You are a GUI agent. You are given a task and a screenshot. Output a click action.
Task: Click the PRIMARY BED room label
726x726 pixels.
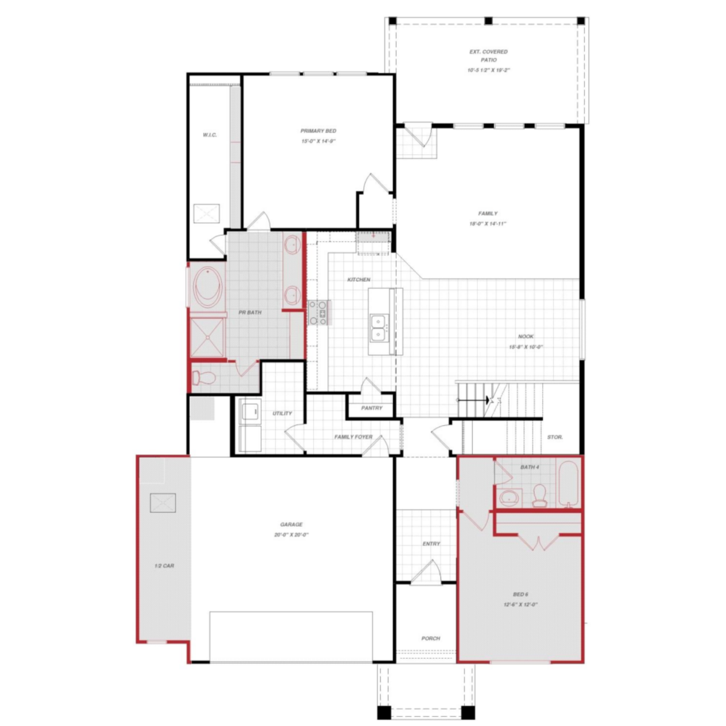click(318, 131)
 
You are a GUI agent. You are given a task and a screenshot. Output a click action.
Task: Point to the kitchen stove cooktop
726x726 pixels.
click(318, 313)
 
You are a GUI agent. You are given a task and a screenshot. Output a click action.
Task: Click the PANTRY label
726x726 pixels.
click(371, 408)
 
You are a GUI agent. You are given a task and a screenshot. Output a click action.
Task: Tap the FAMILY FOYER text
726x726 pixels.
click(353, 437)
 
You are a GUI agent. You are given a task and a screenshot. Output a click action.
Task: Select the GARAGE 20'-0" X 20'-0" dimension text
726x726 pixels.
click(292, 535)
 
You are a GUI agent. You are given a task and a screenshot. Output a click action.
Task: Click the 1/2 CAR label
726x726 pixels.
click(164, 566)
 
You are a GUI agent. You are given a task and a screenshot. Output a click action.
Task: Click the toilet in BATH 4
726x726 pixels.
click(539, 496)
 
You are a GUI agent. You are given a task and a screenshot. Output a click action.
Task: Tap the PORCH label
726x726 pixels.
click(431, 638)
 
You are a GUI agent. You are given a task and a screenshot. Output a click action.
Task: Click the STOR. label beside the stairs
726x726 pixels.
click(555, 437)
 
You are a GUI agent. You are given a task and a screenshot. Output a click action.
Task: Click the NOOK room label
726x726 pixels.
click(526, 336)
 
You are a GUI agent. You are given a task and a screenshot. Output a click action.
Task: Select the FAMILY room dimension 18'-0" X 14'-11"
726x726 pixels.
click(488, 223)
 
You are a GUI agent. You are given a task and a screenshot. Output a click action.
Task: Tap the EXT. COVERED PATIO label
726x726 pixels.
click(489, 56)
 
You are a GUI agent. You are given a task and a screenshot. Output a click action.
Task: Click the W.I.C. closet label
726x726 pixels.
click(209, 135)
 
